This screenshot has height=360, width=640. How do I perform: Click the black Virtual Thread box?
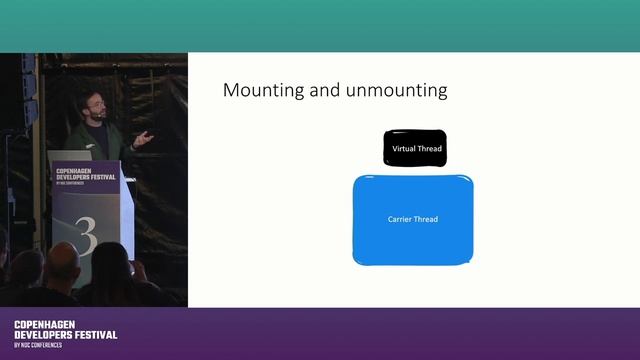point(416,148)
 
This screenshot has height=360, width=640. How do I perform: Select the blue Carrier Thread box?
point(413,220)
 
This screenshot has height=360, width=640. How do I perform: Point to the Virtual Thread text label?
point(416,149)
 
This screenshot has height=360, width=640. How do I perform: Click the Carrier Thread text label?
point(413,219)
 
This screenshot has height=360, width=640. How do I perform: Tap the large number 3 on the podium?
point(87,238)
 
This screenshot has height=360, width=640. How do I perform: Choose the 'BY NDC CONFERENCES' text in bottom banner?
point(38,345)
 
